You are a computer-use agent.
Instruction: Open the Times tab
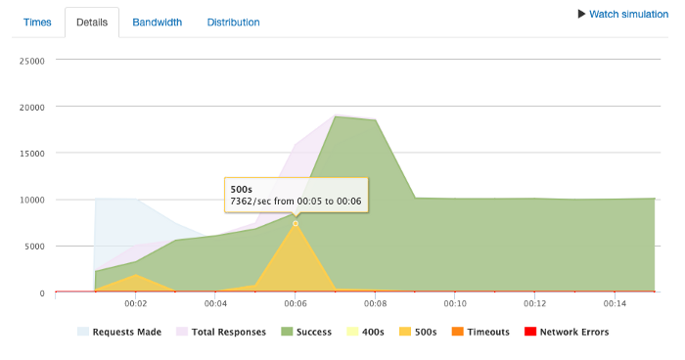(37, 22)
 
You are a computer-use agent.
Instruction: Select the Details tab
(91, 22)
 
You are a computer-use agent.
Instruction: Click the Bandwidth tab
(157, 22)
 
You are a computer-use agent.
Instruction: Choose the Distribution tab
(233, 22)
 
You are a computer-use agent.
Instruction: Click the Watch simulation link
(628, 15)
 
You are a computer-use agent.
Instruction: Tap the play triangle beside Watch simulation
(581, 15)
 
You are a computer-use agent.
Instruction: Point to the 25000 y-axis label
(31, 60)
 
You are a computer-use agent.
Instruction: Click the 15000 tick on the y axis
(31, 153)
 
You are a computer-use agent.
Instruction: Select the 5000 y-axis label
(34, 247)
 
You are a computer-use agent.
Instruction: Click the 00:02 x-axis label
(135, 303)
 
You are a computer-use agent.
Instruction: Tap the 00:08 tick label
(375, 303)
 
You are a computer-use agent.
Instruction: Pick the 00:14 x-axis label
(615, 303)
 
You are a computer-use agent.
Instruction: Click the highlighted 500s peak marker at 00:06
(296, 224)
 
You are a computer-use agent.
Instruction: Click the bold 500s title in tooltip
(241, 188)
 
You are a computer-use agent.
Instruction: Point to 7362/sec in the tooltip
(251, 201)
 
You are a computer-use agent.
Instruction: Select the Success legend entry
(316, 332)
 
